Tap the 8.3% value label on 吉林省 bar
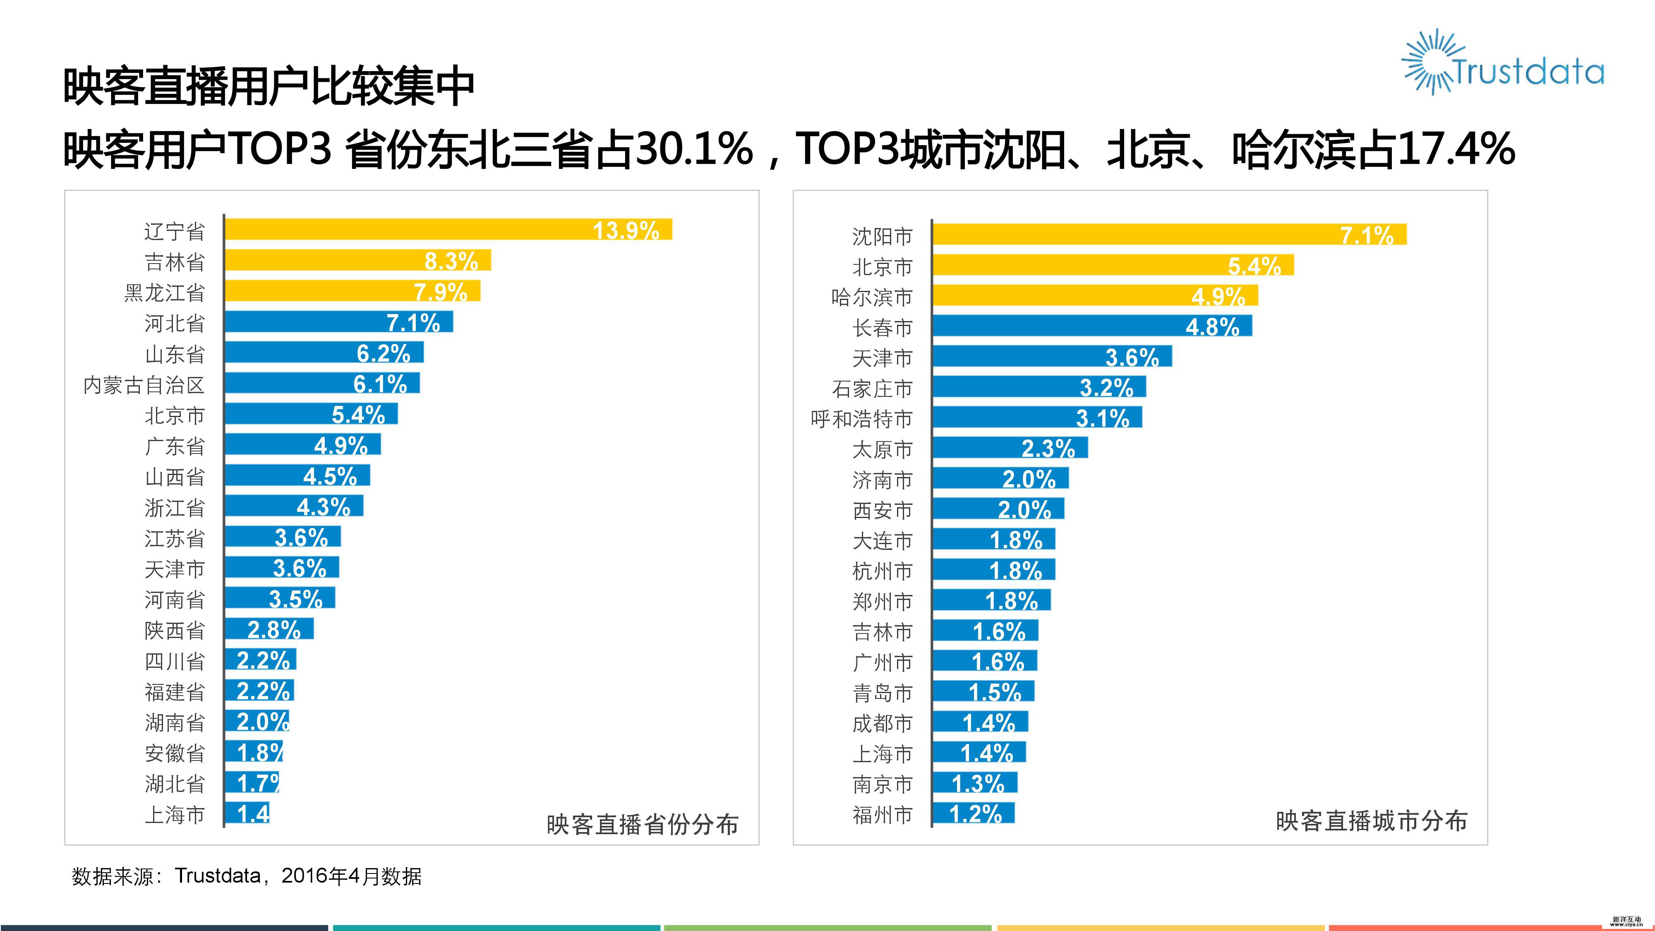[x=451, y=261]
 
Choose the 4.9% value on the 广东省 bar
[x=341, y=445]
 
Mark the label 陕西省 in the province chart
[x=175, y=630]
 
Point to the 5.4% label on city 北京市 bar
[x=1254, y=265]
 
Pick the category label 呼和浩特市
[x=861, y=419]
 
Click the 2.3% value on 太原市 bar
[x=1048, y=448]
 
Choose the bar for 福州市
[x=973, y=813]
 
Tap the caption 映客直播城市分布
[x=1371, y=821]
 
